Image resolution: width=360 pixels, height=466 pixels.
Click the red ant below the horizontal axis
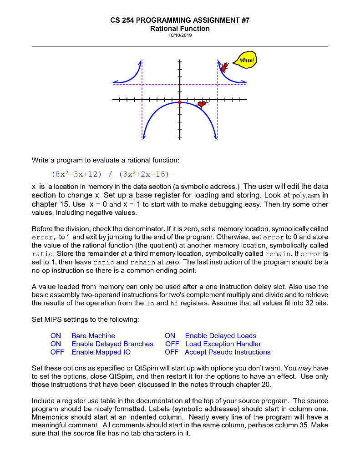[202, 104]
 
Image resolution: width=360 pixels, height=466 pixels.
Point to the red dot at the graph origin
[180, 101]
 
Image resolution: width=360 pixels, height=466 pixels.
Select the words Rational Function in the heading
[180, 29]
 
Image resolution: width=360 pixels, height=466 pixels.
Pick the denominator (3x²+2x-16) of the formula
[144, 174]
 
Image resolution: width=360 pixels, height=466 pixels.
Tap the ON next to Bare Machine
[56, 336]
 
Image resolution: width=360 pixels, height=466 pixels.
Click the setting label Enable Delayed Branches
[112, 344]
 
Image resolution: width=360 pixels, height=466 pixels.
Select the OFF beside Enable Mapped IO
[57, 352]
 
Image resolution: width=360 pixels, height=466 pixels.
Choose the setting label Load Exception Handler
[223, 344]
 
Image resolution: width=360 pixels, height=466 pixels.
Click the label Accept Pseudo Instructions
[228, 352]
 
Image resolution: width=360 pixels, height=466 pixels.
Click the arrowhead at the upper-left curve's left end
[115, 82]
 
